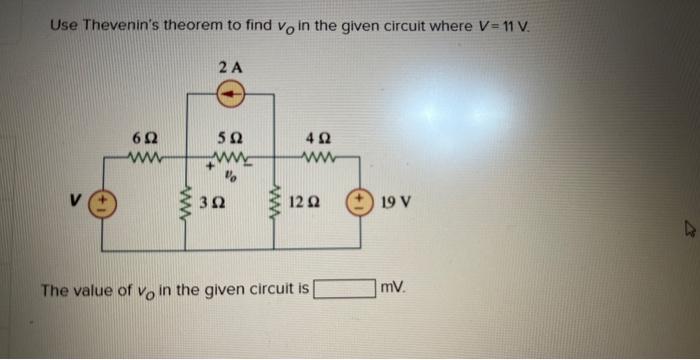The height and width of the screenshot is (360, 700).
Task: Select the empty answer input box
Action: click(345, 290)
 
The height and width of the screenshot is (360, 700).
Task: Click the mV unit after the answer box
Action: click(392, 289)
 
